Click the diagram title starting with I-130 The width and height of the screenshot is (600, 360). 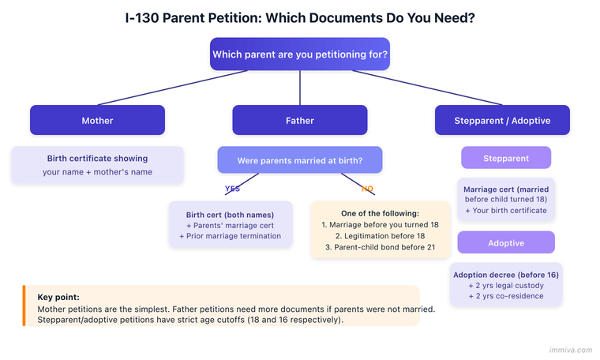pyautogui.click(x=300, y=17)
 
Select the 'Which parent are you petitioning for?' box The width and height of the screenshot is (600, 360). pyautogui.click(x=300, y=55)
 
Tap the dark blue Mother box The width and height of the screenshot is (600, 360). pyautogui.click(x=97, y=121)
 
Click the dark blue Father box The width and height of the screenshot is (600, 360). pyautogui.click(x=300, y=121)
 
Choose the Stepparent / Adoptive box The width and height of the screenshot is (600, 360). pyautogui.click(x=502, y=121)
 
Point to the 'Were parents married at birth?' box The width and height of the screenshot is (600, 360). pyautogui.click(x=300, y=160)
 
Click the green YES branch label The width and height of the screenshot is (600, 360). pyautogui.click(x=232, y=189)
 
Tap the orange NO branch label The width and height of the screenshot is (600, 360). pyautogui.click(x=368, y=189)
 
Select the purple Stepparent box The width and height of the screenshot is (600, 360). pyautogui.click(x=506, y=158)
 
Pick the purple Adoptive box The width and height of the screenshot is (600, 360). pyautogui.click(x=506, y=242)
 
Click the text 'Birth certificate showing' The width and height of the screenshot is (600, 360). pyautogui.click(x=97, y=159)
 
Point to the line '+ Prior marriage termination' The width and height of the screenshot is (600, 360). pyautogui.click(x=231, y=236)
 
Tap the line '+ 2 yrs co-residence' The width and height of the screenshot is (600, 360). pyautogui.click(x=506, y=296)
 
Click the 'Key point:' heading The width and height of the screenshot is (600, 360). pyautogui.click(x=58, y=297)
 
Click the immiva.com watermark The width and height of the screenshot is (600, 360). pyautogui.click(x=568, y=348)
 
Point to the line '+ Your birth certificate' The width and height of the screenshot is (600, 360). pyautogui.click(x=506, y=211)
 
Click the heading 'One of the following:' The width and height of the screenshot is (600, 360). pyautogui.click(x=380, y=213)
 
